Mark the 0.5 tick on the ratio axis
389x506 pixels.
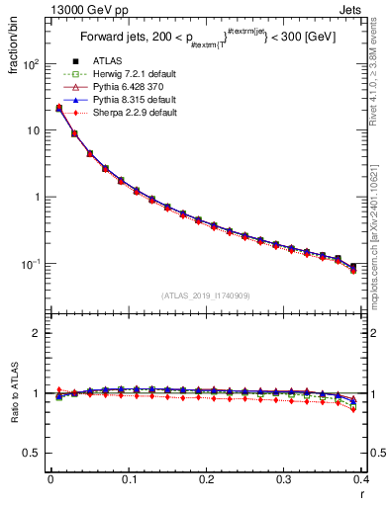click(x=32, y=454)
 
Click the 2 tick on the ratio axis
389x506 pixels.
click(x=36, y=333)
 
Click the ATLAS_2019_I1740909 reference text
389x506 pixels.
click(x=205, y=295)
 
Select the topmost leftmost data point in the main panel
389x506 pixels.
click(x=58, y=108)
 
